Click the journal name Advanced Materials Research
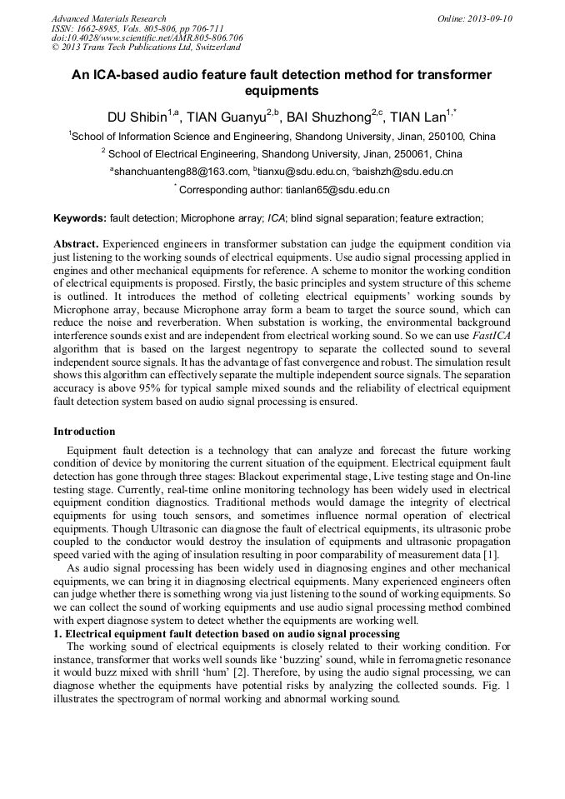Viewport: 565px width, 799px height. click(x=108, y=18)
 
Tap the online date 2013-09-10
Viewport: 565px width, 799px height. click(x=487, y=18)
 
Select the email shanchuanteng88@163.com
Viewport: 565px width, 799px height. click(x=181, y=172)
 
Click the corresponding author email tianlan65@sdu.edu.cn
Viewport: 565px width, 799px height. click(x=337, y=190)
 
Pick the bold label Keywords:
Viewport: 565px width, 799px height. click(x=80, y=218)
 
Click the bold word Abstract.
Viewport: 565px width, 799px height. click(x=77, y=243)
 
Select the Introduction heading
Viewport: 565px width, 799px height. click(x=84, y=432)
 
